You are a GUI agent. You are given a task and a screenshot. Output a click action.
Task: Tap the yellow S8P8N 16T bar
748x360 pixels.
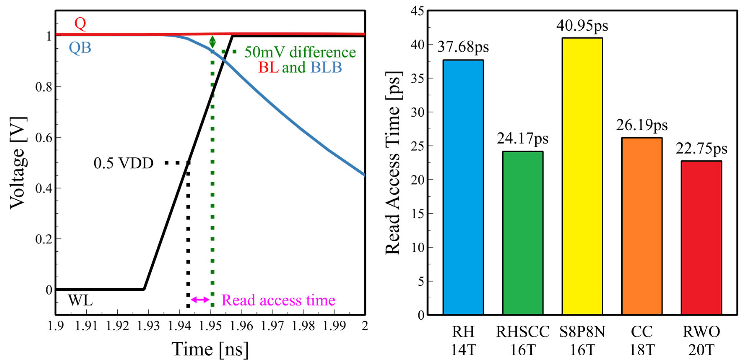tap(582, 176)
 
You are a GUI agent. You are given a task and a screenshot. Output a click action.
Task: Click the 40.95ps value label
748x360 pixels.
tap(582, 26)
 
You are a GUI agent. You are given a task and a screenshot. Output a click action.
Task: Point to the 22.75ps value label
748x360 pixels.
tap(701, 149)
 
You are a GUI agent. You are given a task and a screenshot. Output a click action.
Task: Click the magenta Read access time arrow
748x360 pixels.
tap(200, 299)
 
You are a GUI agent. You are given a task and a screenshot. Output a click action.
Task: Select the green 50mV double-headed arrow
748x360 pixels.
tap(213, 42)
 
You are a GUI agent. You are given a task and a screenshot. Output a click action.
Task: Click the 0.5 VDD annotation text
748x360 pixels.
tap(123, 163)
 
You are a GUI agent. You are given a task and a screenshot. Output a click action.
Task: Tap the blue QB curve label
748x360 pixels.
tap(80, 48)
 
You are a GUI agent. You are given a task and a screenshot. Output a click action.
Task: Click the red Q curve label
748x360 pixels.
tap(80, 23)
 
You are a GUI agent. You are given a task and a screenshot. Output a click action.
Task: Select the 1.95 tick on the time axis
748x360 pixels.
tap(210, 326)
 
